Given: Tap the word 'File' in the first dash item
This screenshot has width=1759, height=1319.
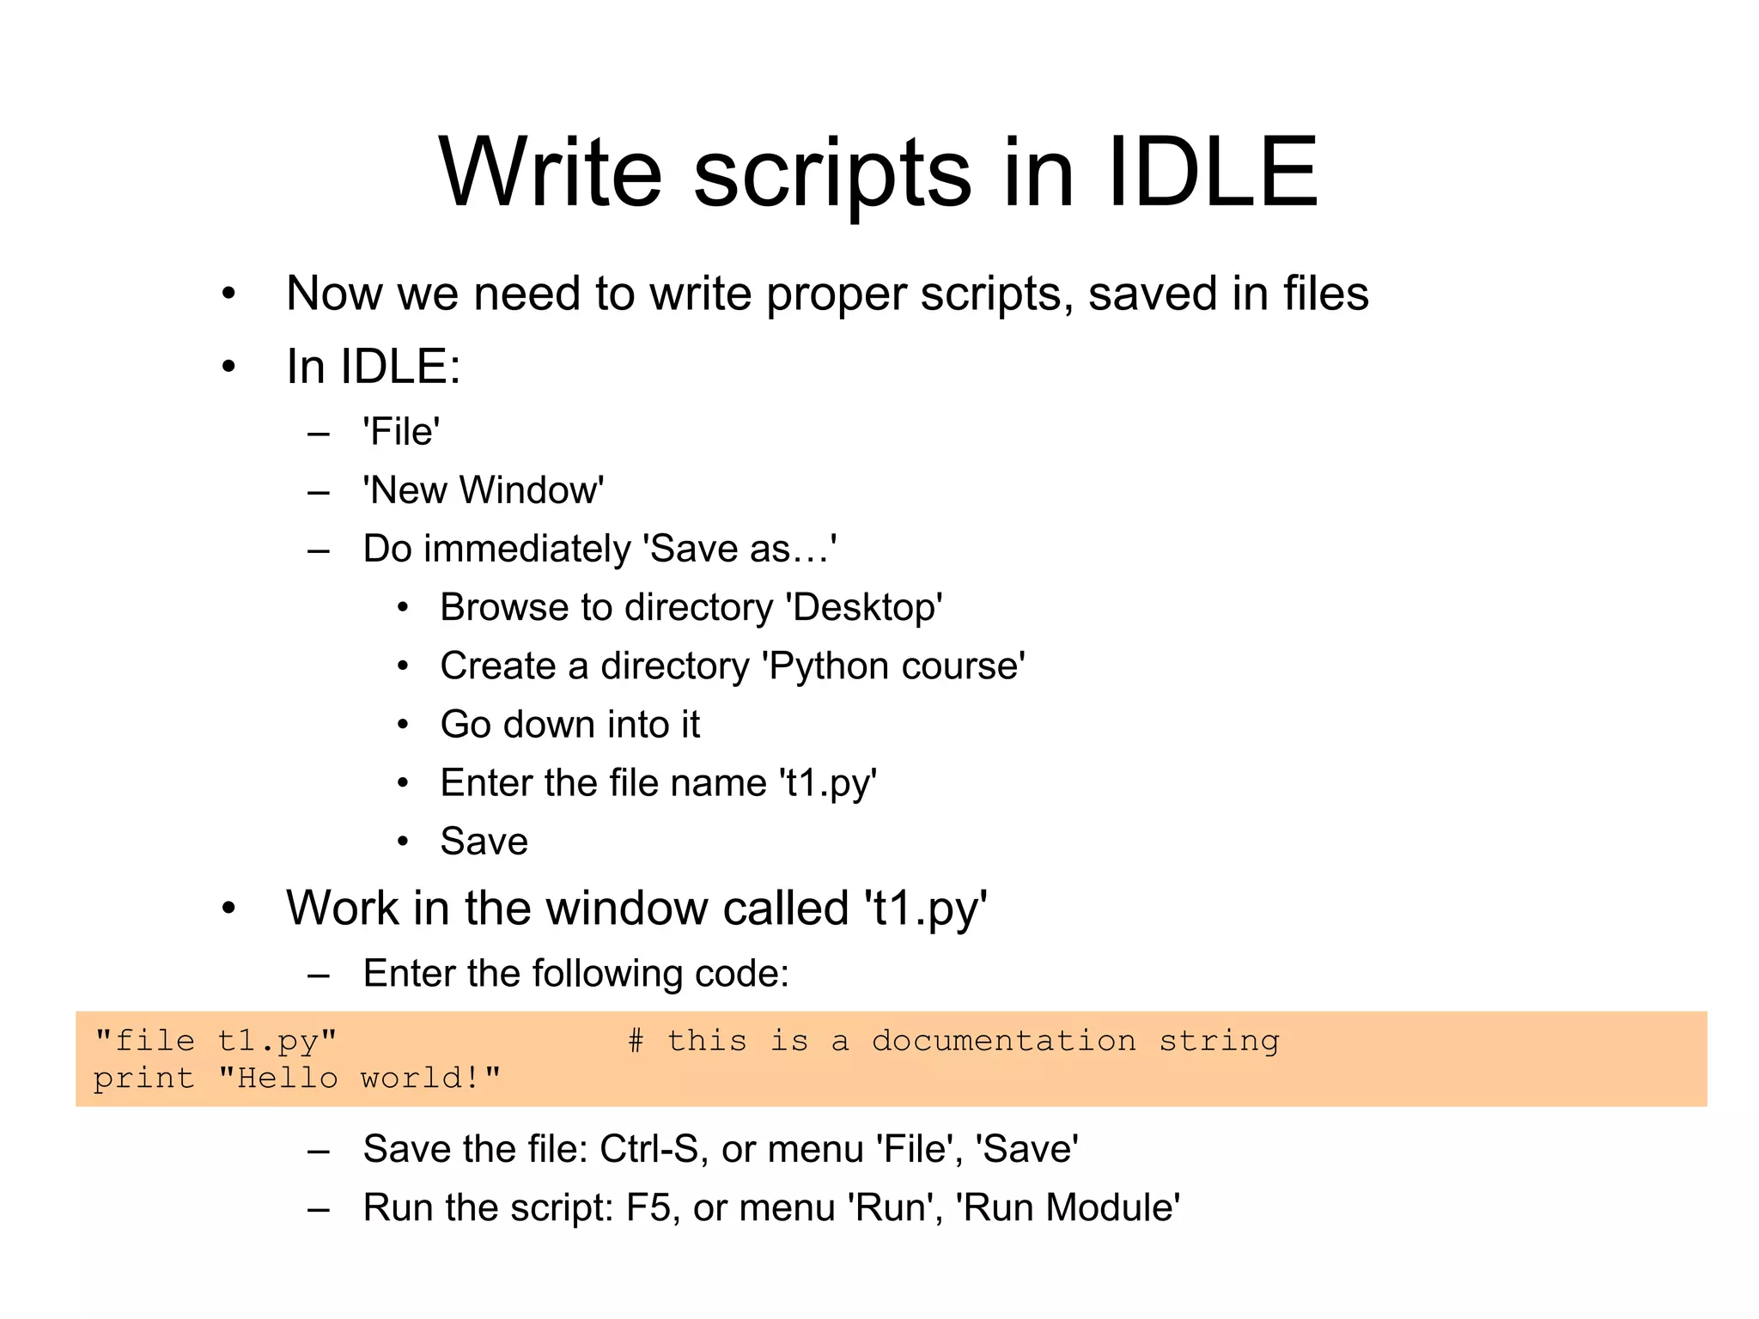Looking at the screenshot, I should point(401,432).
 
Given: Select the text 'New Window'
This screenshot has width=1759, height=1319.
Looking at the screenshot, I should point(484,490).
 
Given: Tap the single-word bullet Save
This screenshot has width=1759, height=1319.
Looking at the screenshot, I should point(484,842).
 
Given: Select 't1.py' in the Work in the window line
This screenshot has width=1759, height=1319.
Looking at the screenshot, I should point(926,909).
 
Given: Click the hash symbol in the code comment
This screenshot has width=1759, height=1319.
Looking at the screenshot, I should point(636,1041).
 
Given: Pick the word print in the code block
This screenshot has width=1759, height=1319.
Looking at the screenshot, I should point(143,1078).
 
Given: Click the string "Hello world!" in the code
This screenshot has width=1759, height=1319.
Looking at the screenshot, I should point(359,1078).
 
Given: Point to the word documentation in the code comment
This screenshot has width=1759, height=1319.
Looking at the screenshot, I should point(1003,1041).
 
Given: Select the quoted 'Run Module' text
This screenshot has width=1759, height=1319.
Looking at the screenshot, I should point(1068,1207).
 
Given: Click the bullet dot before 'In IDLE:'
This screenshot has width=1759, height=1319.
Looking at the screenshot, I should point(228,368).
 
